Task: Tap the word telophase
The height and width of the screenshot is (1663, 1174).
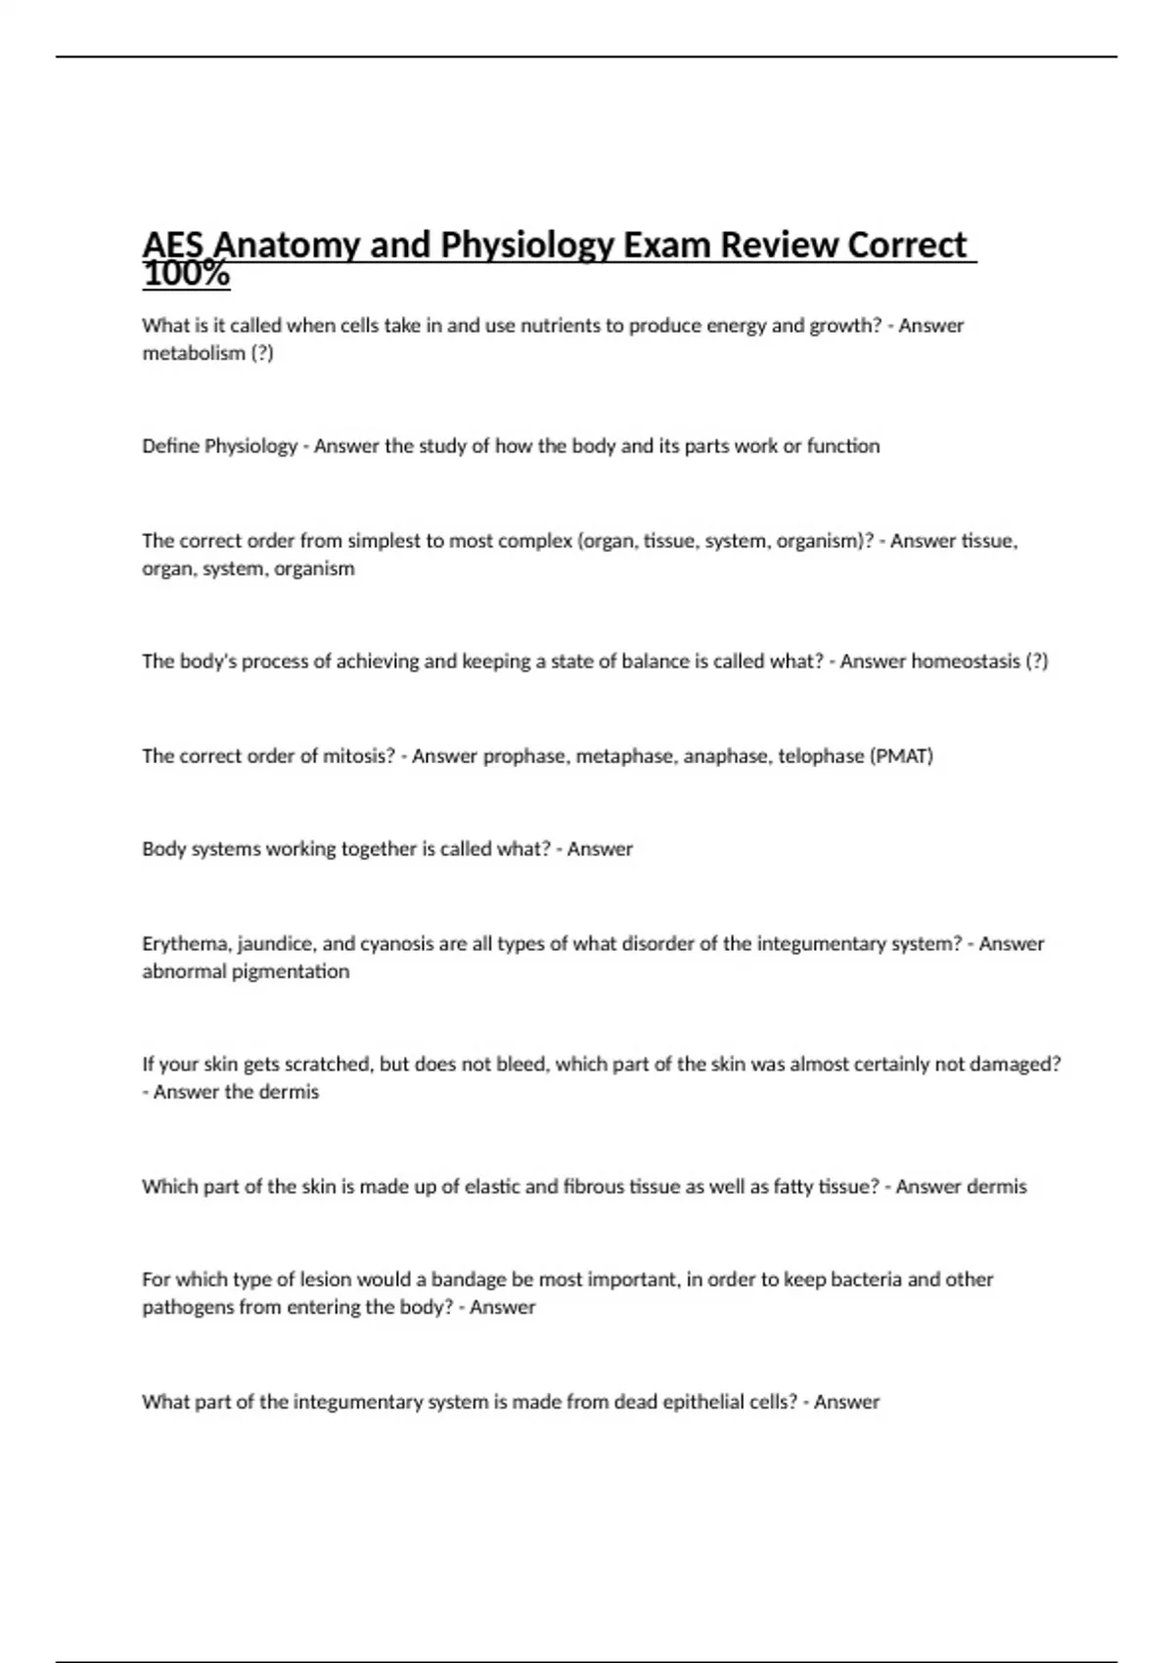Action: [821, 756]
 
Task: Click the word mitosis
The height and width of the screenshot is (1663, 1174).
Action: [358, 756]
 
